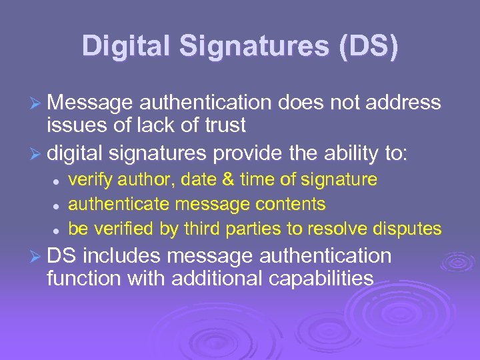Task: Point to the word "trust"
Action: tap(221, 125)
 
